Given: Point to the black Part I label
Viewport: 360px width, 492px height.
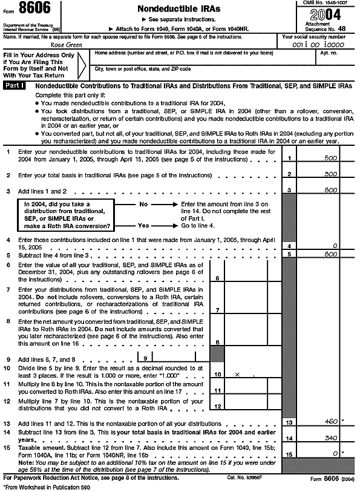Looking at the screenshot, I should (x=15, y=87).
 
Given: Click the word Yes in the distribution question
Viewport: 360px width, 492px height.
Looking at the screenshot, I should (x=143, y=225).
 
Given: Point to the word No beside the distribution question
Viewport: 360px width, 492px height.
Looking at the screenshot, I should (x=143, y=205).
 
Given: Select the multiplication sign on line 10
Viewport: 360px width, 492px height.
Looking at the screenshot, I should (x=236, y=375).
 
